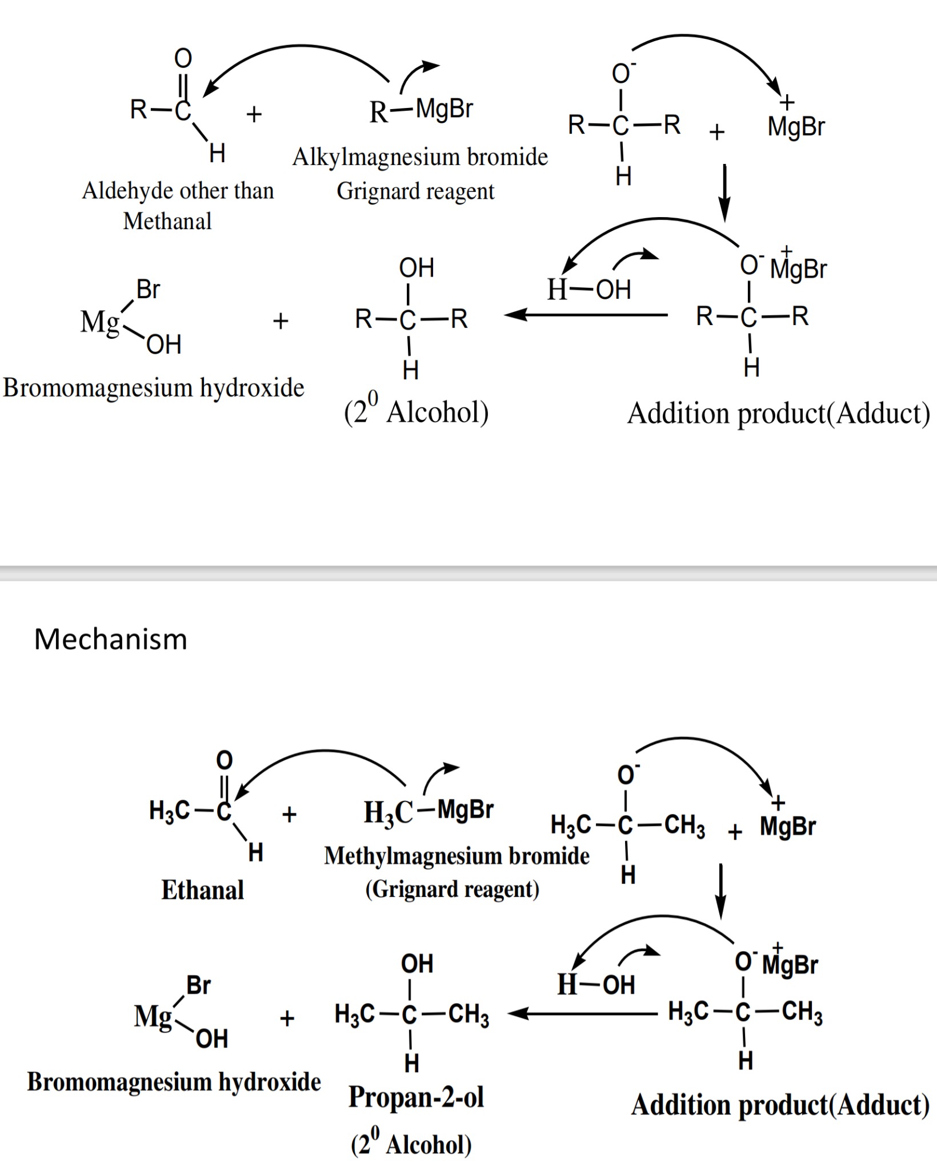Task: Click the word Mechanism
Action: coord(111,639)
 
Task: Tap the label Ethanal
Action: coord(203,890)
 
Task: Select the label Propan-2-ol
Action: coord(416,1097)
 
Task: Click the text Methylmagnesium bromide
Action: coord(457,856)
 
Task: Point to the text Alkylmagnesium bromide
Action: coord(420,157)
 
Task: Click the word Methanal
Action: coord(167,221)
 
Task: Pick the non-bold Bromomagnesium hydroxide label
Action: coord(153,388)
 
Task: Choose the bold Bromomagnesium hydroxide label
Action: coord(174,1081)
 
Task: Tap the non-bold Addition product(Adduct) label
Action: coord(778,413)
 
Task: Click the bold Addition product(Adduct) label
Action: coord(780,1105)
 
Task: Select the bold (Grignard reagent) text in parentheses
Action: coord(452,889)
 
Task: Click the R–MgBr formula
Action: coord(421,110)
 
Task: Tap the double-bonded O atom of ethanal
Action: coord(225,760)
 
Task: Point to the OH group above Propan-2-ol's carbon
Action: coord(417,964)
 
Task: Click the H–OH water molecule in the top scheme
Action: coord(588,290)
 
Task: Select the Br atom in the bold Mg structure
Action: coord(199,985)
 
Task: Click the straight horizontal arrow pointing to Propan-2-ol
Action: coord(583,1014)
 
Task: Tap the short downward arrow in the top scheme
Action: coord(724,193)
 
